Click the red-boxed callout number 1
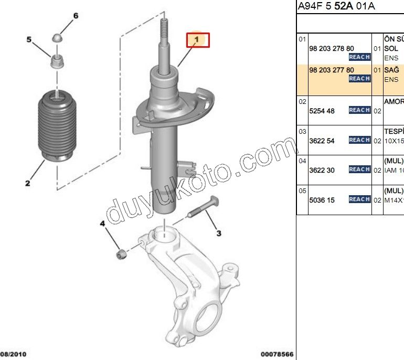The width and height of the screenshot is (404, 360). coord(197,40)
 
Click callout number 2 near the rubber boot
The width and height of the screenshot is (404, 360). coord(27,183)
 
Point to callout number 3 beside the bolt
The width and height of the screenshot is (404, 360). coord(219,232)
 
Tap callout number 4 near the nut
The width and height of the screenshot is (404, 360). coord(103,224)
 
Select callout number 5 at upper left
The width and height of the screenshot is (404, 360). coord(29,39)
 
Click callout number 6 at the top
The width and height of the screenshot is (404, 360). coord(75,16)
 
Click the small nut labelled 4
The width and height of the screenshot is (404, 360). coord(121,255)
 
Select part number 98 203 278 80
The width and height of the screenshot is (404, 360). coord(331,48)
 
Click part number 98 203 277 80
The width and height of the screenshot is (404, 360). coord(331,70)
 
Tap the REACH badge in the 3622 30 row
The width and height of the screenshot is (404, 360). coord(359,170)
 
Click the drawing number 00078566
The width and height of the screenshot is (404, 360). coord(277,354)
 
